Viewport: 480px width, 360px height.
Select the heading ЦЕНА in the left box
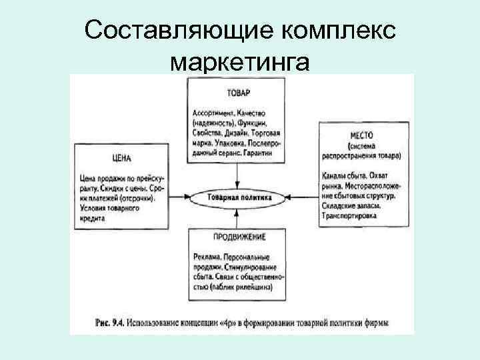pos(121,159)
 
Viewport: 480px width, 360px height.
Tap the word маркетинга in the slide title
pos(240,62)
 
